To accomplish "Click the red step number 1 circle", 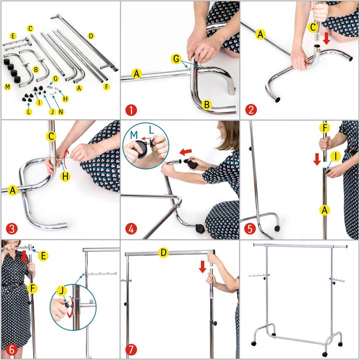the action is (x=131, y=110).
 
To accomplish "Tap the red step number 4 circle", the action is (x=131, y=229).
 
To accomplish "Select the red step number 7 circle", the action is (x=131, y=350).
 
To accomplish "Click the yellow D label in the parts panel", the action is (x=91, y=36).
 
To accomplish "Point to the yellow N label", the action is (x=60, y=112).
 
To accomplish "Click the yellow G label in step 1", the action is (x=176, y=59).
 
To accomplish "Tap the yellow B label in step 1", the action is (x=206, y=104).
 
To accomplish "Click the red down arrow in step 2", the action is (x=326, y=39).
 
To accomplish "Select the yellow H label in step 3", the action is (x=65, y=176).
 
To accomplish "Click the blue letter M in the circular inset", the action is (x=134, y=135).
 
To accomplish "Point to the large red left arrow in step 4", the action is (x=185, y=151).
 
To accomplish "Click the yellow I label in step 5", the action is (x=335, y=156).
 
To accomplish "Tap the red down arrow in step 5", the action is (x=317, y=159).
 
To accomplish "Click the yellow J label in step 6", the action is (x=61, y=291).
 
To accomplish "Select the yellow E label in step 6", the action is (x=43, y=256).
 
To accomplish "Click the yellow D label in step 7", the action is (x=163, y=252).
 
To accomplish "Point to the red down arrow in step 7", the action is (x=202, y=267).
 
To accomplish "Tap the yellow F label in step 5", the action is (x=324, y=128).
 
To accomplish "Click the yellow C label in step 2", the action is (x=312, y=27).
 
